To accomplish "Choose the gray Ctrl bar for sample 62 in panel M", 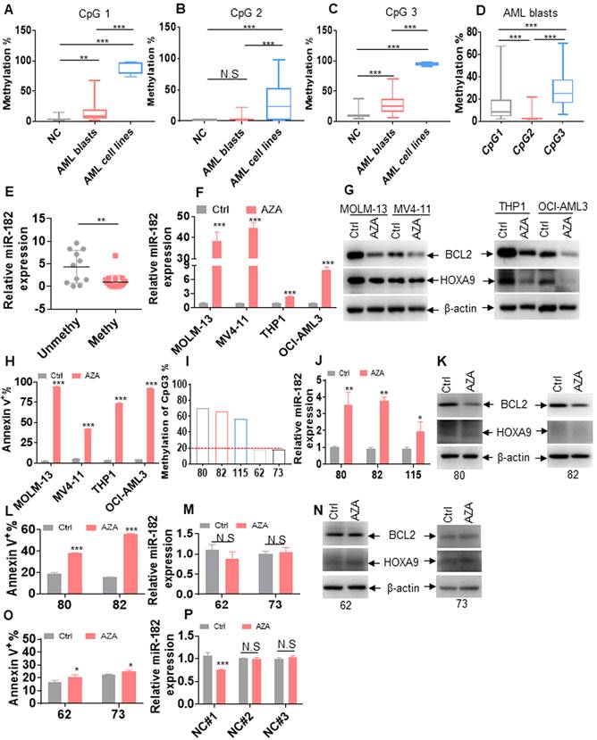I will [x=205, y=566].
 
